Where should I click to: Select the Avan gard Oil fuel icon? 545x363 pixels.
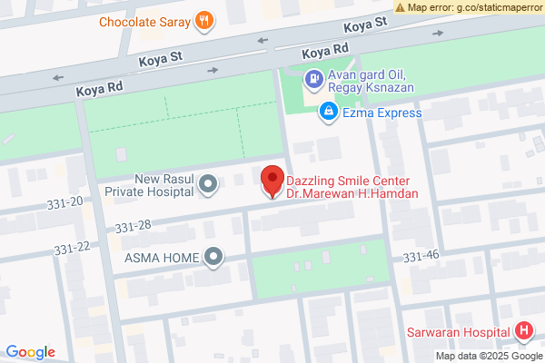point(313,80)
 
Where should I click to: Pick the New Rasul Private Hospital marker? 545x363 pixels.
point(209,185)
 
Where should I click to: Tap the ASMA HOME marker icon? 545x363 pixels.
point(213,258)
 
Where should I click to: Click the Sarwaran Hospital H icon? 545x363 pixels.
point(524,332)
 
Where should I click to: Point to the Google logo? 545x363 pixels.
point(30,352)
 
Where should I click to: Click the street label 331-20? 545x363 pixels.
point(64,201)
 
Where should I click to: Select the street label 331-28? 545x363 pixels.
point(133,225)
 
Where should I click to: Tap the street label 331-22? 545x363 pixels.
point(72,248)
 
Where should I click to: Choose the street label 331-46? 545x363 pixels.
point(421,257)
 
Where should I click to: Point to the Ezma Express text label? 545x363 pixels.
point(381,113)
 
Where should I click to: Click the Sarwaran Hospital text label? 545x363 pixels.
point(458,332)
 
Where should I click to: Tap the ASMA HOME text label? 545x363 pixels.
point(161,258)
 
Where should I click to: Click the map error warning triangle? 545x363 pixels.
point(401,7)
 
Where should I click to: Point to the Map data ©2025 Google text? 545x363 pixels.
point(488,356)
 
